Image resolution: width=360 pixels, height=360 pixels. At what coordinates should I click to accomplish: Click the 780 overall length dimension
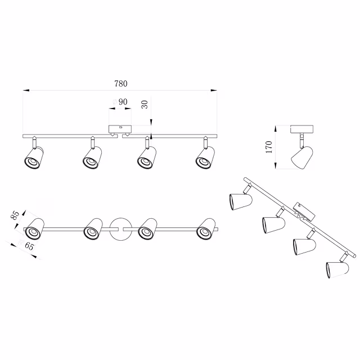coord(120,84)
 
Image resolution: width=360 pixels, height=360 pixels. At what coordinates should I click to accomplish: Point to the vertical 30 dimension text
coord(144,104)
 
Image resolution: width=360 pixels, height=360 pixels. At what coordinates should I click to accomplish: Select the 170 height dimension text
coord(269,147)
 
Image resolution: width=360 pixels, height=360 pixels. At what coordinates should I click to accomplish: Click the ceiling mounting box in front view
coord(119,129)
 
